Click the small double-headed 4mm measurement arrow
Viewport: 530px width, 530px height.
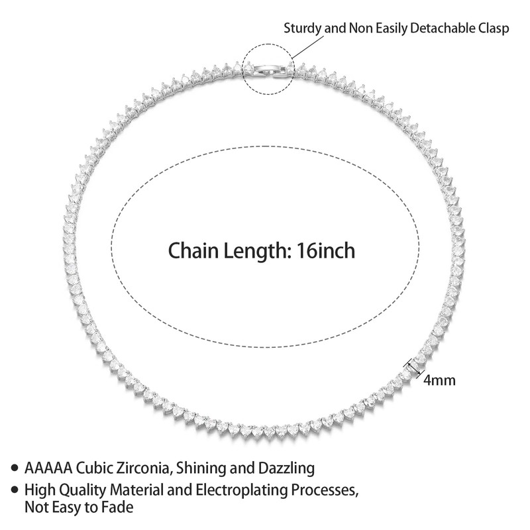[413, 366]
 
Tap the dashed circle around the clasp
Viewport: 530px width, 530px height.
[244, 70]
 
